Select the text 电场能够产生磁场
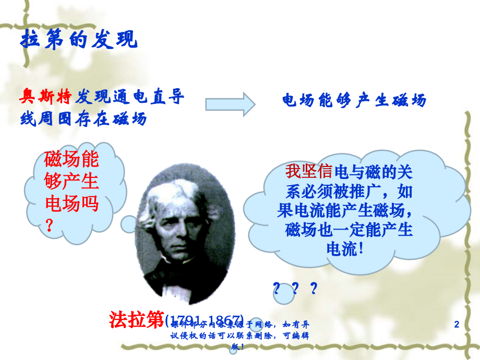tap(354, 100)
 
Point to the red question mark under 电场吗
tap(50, 225)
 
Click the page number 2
tap(457, 325)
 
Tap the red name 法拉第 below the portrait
tap(137, 319)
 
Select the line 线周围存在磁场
tap(83, 119)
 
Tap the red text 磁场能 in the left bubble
tap(71, 159)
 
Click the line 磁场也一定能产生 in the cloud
tap(349, 230)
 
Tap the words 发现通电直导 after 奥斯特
tap(130, 97)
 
